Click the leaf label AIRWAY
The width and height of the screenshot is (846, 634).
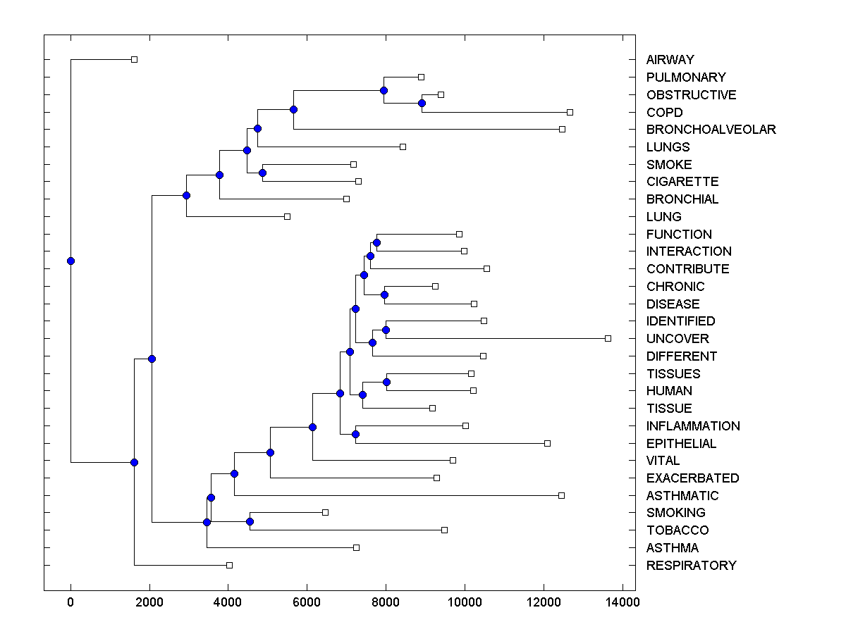coord(670,60)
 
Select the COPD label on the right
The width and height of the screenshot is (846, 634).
coord(664,113)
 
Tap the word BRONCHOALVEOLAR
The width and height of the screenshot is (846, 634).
coord(711,130)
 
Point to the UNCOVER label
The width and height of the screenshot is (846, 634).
coord(678,339)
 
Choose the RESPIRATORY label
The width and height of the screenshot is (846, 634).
coord(691,566)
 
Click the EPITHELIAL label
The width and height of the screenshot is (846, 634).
coord(681,444)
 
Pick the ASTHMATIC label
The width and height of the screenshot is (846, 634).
coord(682,496)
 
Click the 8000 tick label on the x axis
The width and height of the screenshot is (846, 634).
coord(386,602)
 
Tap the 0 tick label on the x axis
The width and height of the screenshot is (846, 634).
coord(70,602)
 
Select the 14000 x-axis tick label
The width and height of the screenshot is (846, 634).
coord(623,602)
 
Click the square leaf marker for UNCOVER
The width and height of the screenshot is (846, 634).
coord(608,339)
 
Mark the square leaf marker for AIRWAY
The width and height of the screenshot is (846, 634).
coord(135,60)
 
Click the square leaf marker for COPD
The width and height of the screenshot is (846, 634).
coord(570,113)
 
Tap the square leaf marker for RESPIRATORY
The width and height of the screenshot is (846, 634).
coord(229,565)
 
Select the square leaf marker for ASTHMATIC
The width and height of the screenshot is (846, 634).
coord(561,496)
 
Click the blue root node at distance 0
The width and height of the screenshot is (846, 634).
coord(70,261)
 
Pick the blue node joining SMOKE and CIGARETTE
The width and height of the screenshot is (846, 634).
coord(262,173)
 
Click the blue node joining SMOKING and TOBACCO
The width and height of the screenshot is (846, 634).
coord(250,522)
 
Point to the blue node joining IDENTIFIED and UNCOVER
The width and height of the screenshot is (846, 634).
coord(386,330)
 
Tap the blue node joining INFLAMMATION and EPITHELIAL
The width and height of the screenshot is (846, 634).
coord(356,435)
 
